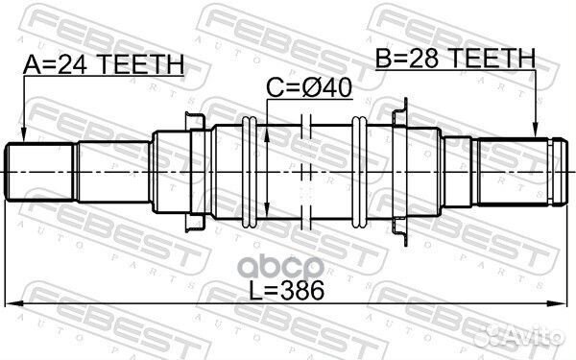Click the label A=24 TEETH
point(103,65)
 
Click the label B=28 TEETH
point(454,60)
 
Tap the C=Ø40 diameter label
point(309,88)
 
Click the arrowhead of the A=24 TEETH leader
point(22,136)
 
